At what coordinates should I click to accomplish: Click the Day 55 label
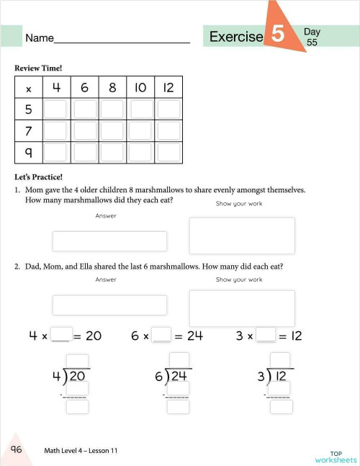point(312,37)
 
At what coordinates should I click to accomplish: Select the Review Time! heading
point(38,68)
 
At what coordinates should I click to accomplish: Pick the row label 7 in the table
point(28,131)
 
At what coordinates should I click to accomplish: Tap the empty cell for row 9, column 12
point(168,153)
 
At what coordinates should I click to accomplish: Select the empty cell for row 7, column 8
point(112,131)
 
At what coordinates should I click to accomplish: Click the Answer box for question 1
point(109,241)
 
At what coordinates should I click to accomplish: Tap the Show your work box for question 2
point(241,308)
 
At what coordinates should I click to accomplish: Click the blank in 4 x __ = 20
point(62,335)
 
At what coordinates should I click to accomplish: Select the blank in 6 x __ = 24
point(162,335)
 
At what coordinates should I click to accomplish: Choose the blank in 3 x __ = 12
point(266,335)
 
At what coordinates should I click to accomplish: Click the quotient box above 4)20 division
point(77,360)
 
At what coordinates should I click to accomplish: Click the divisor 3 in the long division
point(261,377)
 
